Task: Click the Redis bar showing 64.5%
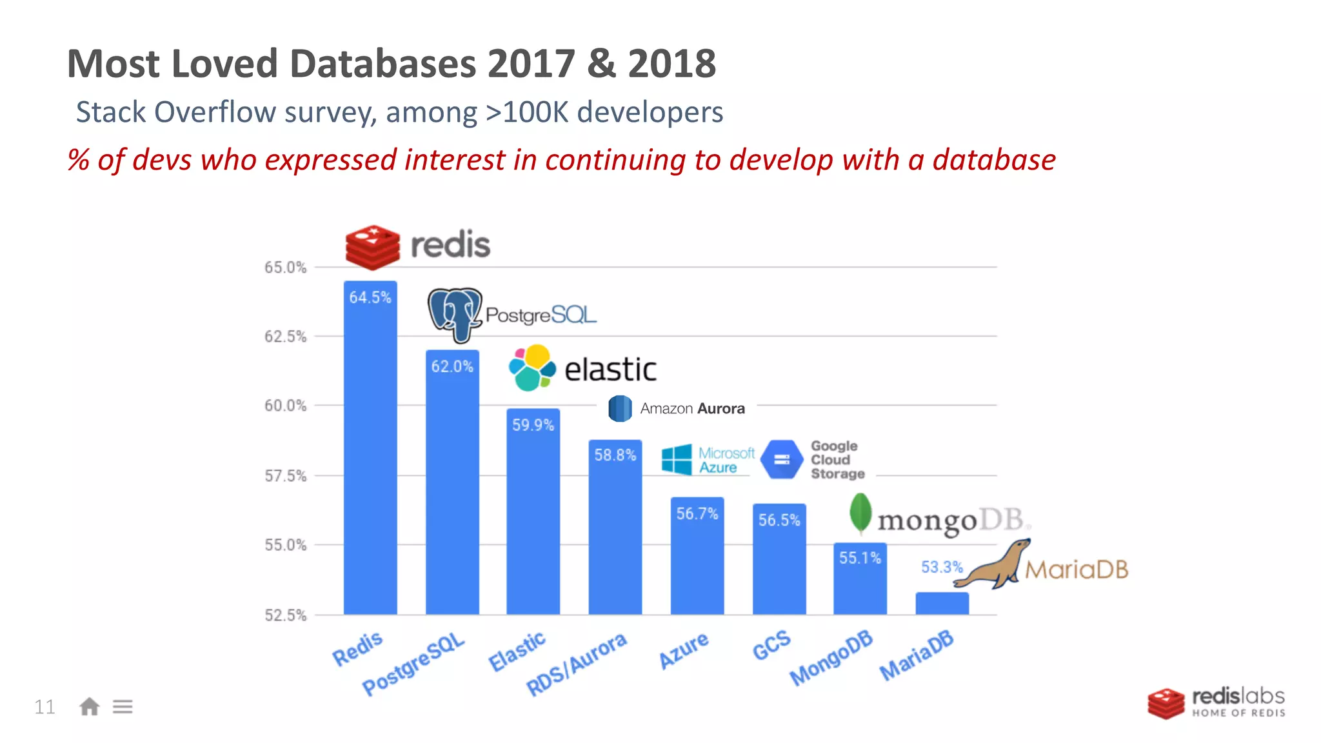[370, 451]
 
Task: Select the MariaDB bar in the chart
[942, 603]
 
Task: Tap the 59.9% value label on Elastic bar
[533, 425]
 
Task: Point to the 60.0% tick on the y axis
[285, 406]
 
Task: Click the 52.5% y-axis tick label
[285, 615]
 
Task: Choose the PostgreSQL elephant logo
[455, 314]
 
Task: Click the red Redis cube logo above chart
[372, 246]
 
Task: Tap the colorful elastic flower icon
[532, 368]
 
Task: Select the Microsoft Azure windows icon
[677, 460]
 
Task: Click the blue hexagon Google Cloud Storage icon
[782, 460]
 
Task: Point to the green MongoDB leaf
[860, 513]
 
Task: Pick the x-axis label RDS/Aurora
[577, 664]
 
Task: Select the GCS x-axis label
[771, 645]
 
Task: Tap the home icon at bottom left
[89, 707]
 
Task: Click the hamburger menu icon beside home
[123, 707]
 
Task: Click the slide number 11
[45, 707]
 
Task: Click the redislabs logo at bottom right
[1217, 703]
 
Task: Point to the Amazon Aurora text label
[692, 408]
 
